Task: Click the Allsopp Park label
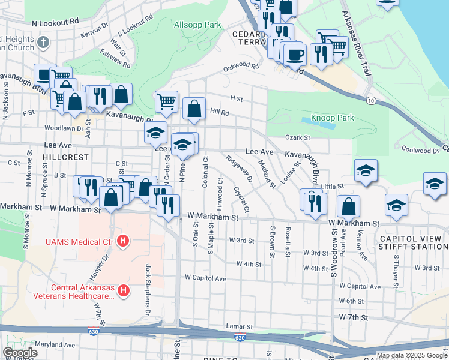pos(197,25)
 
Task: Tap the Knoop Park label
pos(332,118)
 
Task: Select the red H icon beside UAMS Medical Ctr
pos(123,241)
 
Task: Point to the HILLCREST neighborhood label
pos(66,157)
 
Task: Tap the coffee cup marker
pos(295,55)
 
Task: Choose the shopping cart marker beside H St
pos(166,101)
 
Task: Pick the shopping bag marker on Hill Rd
pos(194,109)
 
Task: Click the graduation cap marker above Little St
pos(365,170)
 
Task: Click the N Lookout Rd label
pos(56,22)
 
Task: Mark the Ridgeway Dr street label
pos(239,169)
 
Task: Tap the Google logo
pos(20,353)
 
